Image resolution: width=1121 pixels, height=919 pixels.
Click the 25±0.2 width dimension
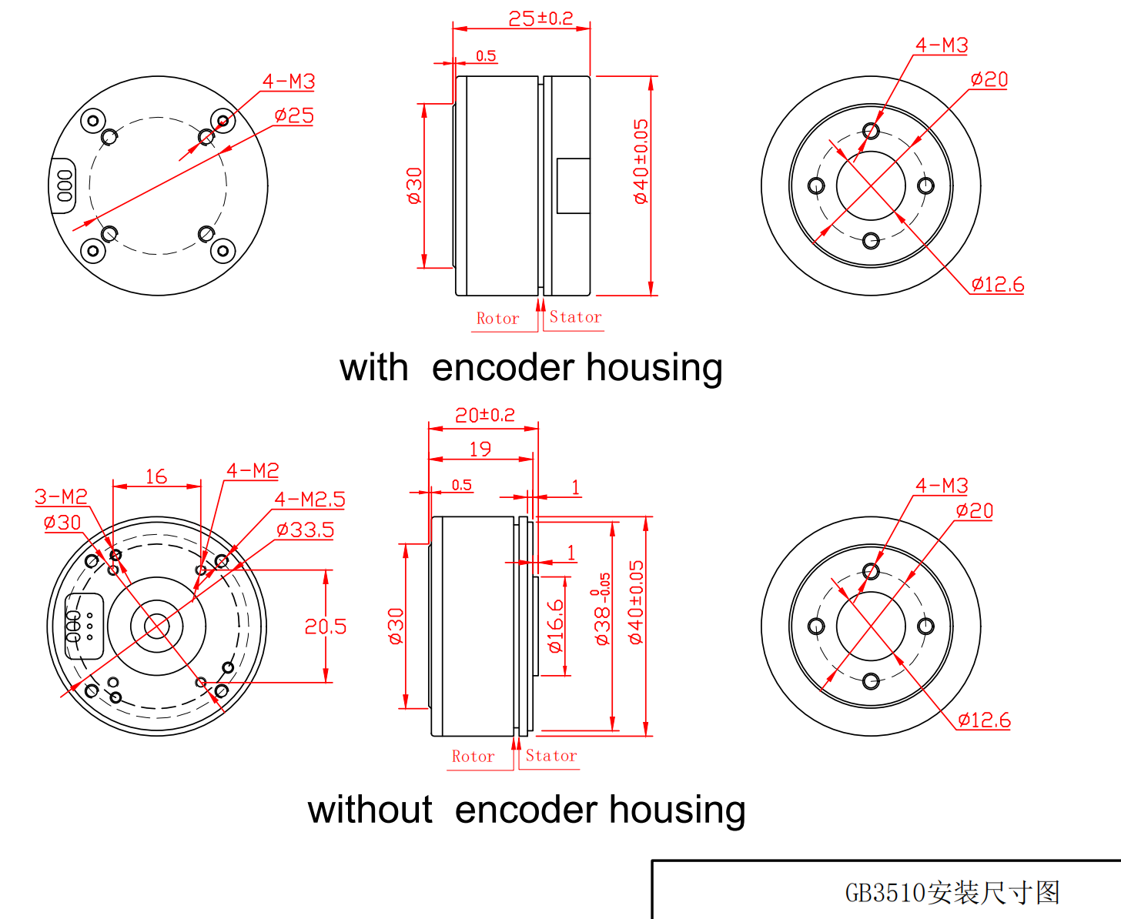tap(540, 18)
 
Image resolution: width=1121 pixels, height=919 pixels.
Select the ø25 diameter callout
tap(294, 116)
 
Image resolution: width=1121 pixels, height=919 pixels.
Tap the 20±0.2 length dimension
tap(484, 416)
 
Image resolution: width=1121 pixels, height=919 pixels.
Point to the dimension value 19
tap(480, 449)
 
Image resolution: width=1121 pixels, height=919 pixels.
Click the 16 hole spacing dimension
tap(156, 477)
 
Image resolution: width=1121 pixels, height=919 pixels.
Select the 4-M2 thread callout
tap(253, 471)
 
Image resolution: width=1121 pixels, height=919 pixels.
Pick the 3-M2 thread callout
tap(61, 497)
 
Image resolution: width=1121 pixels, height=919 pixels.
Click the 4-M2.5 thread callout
tap(310, 500)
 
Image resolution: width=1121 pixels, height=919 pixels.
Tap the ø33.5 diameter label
tap(305, 530)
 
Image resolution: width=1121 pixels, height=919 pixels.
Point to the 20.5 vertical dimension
tap(325, 627)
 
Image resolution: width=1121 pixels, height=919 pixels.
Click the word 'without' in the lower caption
tap(370, 810)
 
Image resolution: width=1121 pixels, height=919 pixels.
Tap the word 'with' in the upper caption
tap(373, 368)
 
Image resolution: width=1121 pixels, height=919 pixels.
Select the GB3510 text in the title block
tap(885, 893)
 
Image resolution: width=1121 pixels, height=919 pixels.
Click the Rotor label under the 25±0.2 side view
tap(497, 319)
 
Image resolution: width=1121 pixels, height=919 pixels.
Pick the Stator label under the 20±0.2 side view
tap(551, 757)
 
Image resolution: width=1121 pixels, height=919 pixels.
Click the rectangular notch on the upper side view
tap(574, 185)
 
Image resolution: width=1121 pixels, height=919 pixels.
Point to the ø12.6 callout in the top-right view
tap(997, 286)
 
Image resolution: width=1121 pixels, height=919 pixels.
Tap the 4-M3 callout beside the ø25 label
tap(289, 82)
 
